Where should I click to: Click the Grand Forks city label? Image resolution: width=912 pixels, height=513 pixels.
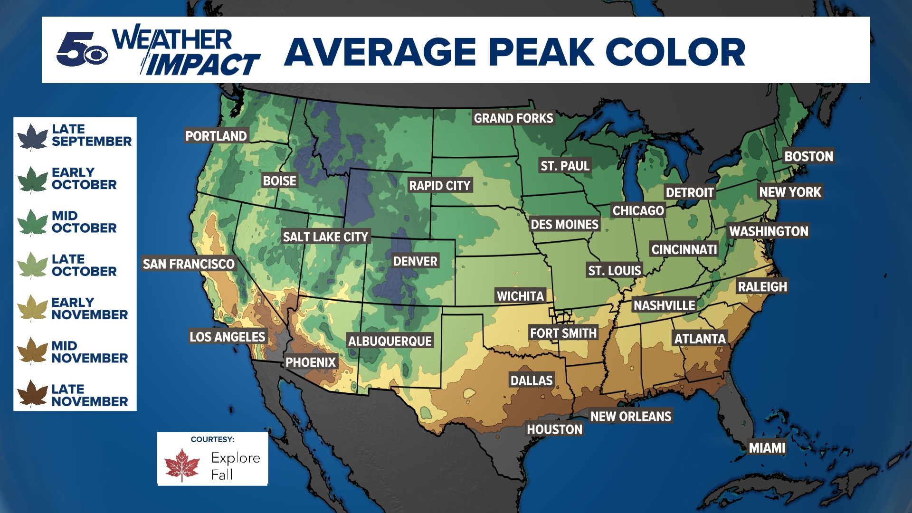coord(513,118)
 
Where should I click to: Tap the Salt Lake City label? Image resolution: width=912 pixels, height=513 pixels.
coord(325,237)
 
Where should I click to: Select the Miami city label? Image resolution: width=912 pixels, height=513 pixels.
coord(767,447)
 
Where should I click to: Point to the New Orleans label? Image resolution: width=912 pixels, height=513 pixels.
coord(630,416)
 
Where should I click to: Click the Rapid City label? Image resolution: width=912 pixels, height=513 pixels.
coord(440,185)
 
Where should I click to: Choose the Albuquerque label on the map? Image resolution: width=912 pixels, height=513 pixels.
coord(390,341)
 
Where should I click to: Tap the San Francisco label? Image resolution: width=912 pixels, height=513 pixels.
coord(189,264)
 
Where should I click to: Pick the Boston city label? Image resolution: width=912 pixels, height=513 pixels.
coord(808,156)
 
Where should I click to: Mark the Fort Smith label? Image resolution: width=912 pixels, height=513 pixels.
coord(563,333)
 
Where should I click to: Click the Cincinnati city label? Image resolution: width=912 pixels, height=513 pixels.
coord(684,249)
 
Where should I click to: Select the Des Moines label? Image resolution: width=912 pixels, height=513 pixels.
coord(564,224)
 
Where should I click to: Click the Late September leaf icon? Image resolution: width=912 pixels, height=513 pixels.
coord(32,137)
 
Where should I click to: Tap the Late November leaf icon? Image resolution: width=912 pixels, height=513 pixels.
coord(32,394)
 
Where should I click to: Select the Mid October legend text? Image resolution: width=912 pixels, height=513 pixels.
coord(84,222)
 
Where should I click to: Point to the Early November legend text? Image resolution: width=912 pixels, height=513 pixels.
coord(89,308)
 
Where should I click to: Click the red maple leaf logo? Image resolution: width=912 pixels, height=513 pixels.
coord(182,465)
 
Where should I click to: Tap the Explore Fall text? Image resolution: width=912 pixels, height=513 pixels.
coord(235,465)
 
